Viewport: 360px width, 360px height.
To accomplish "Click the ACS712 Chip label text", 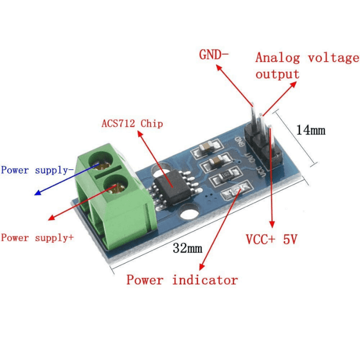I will click(132, 123).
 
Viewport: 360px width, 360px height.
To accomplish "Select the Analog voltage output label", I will click(307, 65).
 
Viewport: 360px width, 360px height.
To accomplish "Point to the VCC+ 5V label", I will click(272, 240).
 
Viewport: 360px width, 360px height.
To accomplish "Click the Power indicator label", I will click(182, 280).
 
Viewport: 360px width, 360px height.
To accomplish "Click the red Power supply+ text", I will click(37, 238).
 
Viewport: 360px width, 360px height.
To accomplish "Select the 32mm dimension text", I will click(187, 249).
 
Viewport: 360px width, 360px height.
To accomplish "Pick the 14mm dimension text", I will click(311, 130).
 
